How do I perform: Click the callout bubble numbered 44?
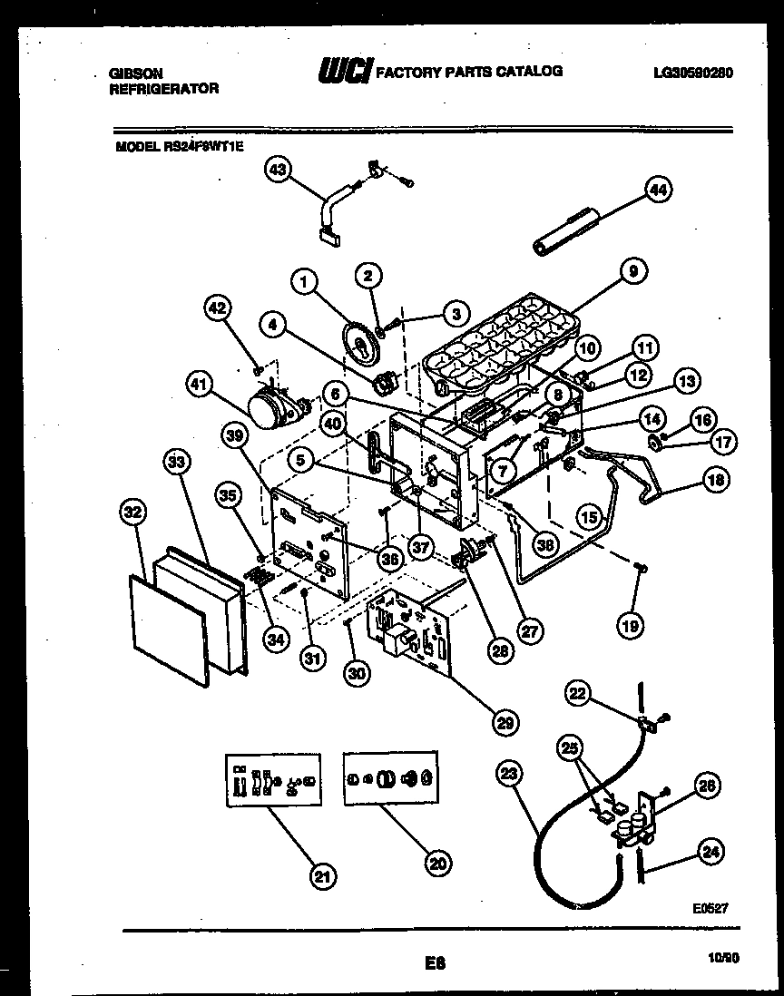pyautogui.click(x=657, y=189)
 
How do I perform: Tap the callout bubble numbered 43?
pyautogui.click(x=279, y=171)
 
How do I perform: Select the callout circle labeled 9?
pyautogui.click(x=632, y=270)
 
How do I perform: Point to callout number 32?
pyautogui.click(x=133, y=513)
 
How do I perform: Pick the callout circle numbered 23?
pyautogui.click(x=510, y=774)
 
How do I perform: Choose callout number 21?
pyautogui.click(x=322, y=875)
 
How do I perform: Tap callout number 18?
pyautogui.click(x=714, y=480)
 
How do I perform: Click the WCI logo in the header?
pyautogui.click(x=345, y=72)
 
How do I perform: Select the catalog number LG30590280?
pyautogui.click(x=692, y=73)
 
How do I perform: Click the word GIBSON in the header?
pyautogui.click(x=131, y=73)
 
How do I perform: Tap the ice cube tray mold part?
pyautogui.click(x=499, y=349)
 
